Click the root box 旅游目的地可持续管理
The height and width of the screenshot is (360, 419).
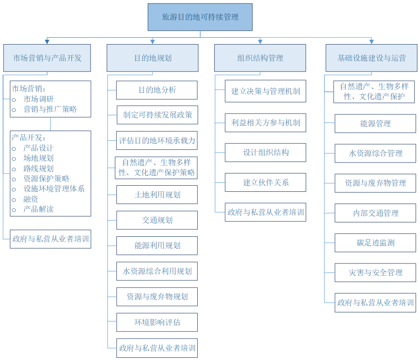(x=200, y=17)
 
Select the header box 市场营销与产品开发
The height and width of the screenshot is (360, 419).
(x=47, y=58)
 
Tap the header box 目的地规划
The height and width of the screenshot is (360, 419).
(x=152, y=58)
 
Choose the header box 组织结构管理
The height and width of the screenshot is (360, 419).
(x=260, y=58)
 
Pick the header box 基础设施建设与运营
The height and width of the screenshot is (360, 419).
(x=371, y=58)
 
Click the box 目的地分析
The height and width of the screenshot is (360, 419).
(x=157, y=90)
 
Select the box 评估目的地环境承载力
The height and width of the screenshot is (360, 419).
(x=157, y=141)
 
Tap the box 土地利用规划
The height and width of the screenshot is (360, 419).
(x=157, y=194)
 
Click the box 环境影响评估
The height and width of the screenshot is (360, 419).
(x=157, y=322)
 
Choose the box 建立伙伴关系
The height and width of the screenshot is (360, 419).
(x=265, y=183)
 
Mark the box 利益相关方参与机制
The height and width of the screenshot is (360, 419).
(x=265, y=123)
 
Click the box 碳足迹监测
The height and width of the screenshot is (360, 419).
(x=375, y=242)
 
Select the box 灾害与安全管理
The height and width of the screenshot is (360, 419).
(x=375, y=273)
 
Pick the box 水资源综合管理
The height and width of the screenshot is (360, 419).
(x=375, y=153)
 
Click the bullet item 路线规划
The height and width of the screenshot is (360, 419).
(x=38, y=169)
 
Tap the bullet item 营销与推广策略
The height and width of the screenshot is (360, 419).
(x=50, y=109)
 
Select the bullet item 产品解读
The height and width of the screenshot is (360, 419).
(x=38, y=209)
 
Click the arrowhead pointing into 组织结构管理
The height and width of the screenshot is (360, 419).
(x=260, y=42)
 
